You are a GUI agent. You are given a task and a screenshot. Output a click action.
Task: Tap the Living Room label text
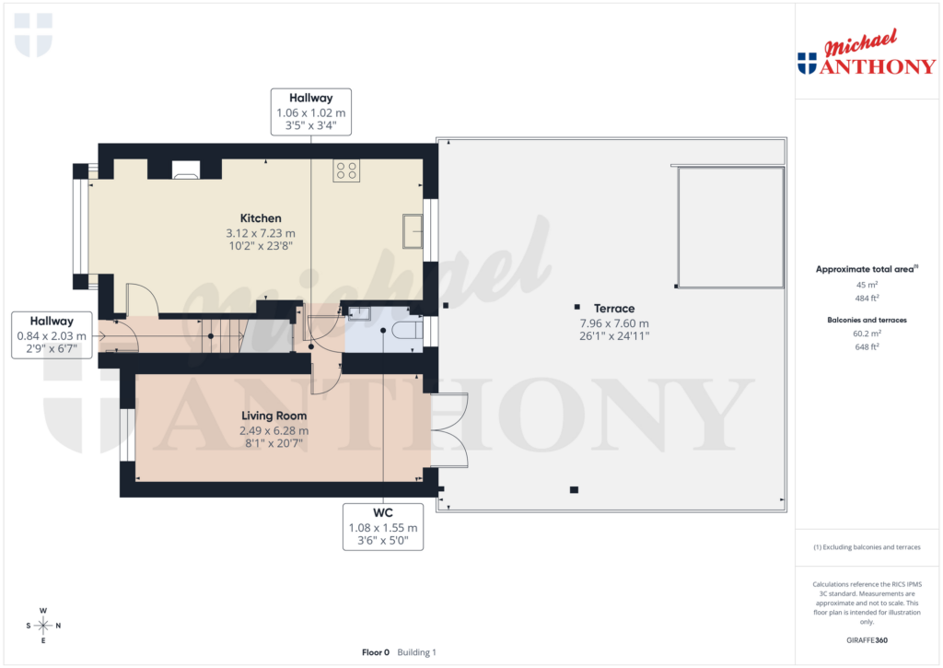coord(274,416)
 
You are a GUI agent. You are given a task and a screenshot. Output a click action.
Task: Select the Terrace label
coord(613,309)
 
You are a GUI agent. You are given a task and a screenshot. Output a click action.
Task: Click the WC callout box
coord(383,527)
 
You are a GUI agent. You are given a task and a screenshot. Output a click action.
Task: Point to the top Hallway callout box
coord(310,111)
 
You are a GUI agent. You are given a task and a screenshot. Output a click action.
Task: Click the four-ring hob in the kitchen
coord(347,170)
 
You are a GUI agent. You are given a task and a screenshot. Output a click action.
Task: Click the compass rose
coord(43,626)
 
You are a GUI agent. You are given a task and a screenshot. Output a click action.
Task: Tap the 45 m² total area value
coord(866,285)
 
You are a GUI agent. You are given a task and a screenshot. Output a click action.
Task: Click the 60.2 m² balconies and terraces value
coord(866,334)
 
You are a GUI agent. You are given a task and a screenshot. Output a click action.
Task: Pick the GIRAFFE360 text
coord(866,639)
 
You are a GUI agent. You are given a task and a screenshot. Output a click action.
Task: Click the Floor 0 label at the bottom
coord(376,652)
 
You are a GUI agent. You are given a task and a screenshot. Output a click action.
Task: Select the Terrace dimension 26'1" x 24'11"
coord(613,337)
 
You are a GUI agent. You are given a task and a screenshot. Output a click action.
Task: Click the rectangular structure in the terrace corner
coord(729,227)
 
